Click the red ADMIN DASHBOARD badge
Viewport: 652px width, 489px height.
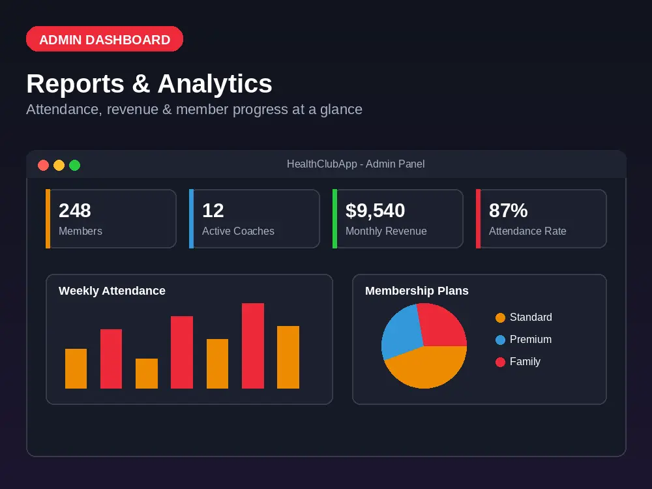[104, 39]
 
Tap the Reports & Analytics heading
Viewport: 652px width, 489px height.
[149, 83]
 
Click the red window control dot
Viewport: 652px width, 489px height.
[43, 165]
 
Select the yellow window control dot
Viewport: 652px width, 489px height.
[59, 165]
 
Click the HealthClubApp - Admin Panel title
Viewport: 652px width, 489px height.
[355, 164]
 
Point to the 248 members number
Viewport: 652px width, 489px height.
[75, 211]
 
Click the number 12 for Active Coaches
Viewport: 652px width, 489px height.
[213, 211]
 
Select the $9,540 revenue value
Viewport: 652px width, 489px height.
[375, 211]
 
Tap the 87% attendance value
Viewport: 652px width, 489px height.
[508, 211]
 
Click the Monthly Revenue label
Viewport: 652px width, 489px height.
[386, 231]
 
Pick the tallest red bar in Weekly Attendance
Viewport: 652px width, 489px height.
[253, 346]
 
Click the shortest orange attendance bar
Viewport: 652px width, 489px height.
[147, 374]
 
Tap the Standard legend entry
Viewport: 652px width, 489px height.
[524, 318]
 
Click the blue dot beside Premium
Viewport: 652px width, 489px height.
[500, 340]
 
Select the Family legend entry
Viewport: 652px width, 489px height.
[518, 362]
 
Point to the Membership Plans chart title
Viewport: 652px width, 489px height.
[417, 291]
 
